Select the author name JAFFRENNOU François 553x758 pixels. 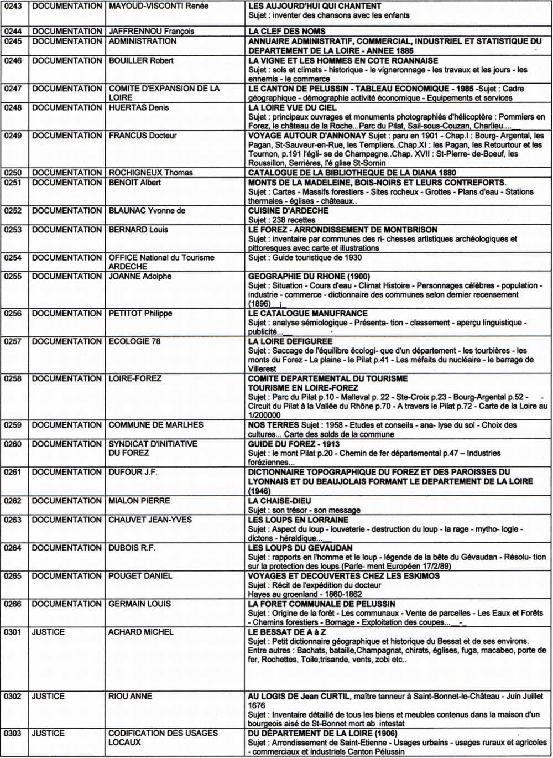(151, 32)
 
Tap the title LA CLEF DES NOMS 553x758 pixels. (286, 32)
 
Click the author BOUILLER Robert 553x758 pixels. (141, 60)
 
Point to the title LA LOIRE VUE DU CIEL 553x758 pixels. (292, 107)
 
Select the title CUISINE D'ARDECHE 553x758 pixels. (288, 210)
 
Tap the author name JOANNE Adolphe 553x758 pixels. (140, 276)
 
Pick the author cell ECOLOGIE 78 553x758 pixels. (134, 341)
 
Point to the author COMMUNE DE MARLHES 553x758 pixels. (156, 425)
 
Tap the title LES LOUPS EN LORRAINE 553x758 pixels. (298, 520)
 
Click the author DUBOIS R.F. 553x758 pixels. (132, 548)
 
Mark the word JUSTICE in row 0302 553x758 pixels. (48, 696)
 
